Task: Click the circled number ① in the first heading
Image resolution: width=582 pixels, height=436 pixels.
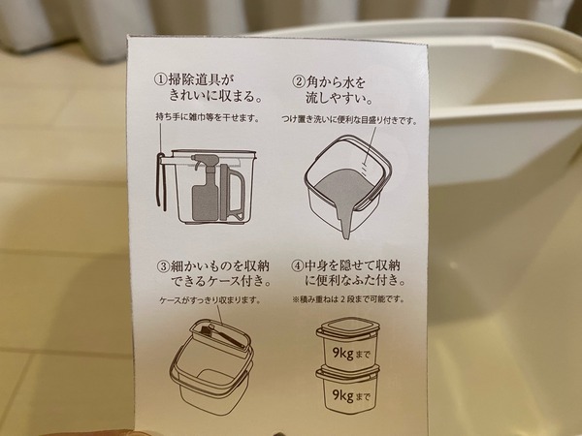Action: (160, 80)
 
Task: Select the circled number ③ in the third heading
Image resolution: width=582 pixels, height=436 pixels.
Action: (163, 266)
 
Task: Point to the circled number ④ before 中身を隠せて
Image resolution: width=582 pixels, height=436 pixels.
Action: (298, 265)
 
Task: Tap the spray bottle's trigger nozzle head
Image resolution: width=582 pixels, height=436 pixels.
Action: (203, 162)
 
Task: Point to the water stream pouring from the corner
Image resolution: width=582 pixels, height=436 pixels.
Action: (346, 220)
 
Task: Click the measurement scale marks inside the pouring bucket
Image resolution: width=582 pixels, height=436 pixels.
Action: (365, 167)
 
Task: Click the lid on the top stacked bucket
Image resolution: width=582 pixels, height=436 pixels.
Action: (348, 327)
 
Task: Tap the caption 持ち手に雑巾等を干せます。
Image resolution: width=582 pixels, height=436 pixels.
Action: (208, 117)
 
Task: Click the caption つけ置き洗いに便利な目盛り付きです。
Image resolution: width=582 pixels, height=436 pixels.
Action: (349, 119)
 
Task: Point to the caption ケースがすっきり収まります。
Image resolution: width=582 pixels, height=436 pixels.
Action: (210, 300)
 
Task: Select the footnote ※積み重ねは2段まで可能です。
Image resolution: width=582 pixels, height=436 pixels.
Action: (348, 298)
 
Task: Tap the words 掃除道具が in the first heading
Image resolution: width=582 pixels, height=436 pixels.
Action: (202, 80)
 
